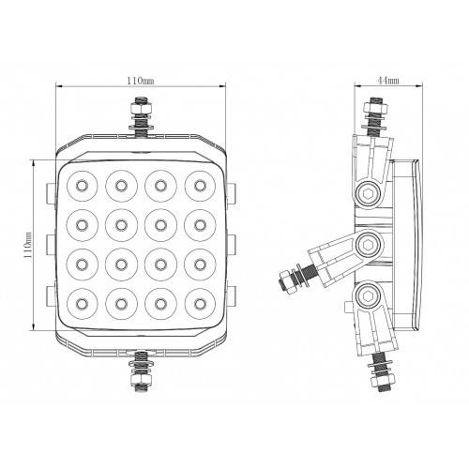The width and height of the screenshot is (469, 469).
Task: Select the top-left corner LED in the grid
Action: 82,184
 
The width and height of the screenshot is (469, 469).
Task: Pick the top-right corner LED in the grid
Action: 199,184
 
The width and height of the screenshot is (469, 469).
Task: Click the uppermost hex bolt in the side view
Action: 367,194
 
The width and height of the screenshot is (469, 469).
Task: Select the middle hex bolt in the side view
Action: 367,247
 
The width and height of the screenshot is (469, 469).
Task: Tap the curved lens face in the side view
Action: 416,246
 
